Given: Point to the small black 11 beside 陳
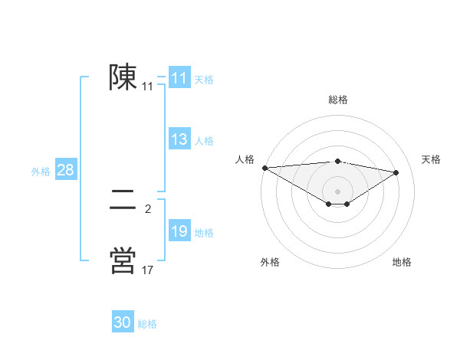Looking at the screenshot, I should point(147,87).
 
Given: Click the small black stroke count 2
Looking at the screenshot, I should point(148,209).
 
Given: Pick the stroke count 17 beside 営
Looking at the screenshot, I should point(147,270).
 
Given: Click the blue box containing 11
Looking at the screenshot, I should point(179,78).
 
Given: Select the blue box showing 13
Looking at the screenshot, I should point(179,139).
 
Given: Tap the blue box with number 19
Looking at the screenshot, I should point(179,231).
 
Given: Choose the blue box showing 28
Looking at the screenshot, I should point(65,170).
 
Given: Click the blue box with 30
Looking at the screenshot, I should point(123,322).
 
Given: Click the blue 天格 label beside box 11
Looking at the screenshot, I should point(204,79).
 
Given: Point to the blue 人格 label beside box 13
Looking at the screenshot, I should point(204,140).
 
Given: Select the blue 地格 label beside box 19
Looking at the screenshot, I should point(204,232).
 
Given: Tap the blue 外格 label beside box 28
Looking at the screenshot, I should point(41,172).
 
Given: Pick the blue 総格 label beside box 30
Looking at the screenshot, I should point(147,324).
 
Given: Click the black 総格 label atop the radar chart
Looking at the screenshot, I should point(337,100).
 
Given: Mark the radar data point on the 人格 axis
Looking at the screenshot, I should point(264,168).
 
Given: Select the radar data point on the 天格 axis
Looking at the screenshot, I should point(396,172).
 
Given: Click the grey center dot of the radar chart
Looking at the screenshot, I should point(337,191).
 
